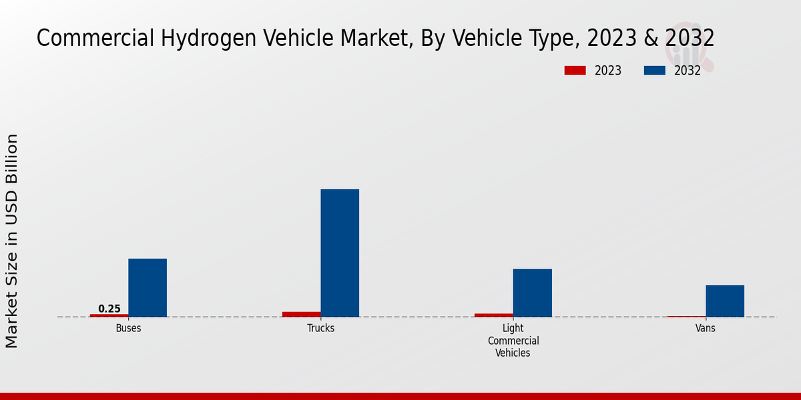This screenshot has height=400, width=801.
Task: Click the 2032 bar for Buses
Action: tap(148, 287)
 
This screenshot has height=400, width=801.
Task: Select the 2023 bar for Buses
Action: tap(109, 315)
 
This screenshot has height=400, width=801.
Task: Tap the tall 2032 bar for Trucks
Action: tap(340, 253)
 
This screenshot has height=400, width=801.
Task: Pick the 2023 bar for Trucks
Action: tap(301, 314)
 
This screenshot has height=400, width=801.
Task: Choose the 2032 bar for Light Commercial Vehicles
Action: tap(532, 293)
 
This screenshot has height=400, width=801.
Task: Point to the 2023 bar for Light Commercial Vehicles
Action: tap(494, 315)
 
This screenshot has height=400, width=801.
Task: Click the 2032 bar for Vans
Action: tap(725, 301)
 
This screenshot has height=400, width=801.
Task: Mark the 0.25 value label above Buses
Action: tap(109, 309)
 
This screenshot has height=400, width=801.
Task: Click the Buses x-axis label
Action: tap(128, 329)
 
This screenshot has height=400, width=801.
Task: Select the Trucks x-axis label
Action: tap(320, 329)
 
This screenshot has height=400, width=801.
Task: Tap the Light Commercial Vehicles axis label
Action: tap(513, 341)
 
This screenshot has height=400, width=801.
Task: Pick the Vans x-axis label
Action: tap(706, 329)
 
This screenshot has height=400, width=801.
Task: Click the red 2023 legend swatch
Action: tap(575, 70)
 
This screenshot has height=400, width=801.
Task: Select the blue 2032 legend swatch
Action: tap(654, 70)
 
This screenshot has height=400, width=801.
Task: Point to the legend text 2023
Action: tap(607, 71)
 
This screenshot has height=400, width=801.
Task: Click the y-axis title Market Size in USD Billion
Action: tap(12, 240)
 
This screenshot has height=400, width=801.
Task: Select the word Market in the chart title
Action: tap(370, 39)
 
